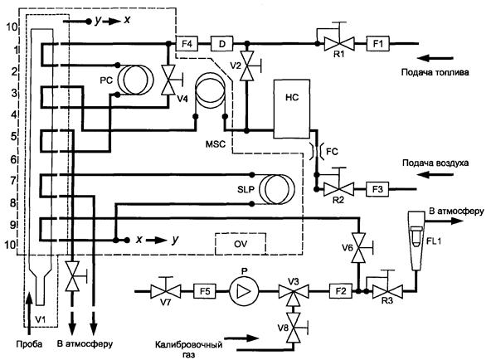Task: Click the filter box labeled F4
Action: [x=187, y=43]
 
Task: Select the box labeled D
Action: [x=221, y=43]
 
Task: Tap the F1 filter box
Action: [x=378, y=43]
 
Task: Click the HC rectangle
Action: [x=292, y=109]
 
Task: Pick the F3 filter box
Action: [x=377, y=189]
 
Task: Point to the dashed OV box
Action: [x=241, y=244]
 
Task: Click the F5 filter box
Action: [x=205, y=291]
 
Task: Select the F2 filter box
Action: [x=341, y=291]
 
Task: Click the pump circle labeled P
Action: [x=244, y=291]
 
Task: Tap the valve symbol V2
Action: [x=247, y=66]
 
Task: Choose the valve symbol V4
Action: [x=168, y=80]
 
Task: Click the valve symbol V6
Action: [x=359, y=248]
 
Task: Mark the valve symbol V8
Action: [x=294, y=328]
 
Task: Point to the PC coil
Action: [x=135, y=80]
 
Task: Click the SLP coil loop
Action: [x=275, y=189]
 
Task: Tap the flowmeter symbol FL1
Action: [x=416, y=241]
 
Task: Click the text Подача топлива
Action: [x=435, y=72]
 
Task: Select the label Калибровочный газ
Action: [x=189, y=350]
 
